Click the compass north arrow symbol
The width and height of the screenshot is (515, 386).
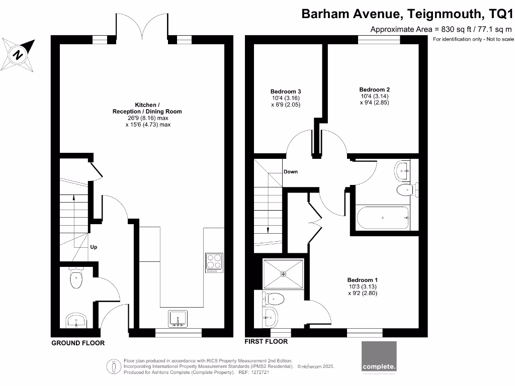pos(18,54)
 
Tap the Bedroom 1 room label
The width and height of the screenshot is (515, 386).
pos(362,286)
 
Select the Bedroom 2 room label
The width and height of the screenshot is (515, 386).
pos(375,96)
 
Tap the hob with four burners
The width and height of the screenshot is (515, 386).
pos(213,263)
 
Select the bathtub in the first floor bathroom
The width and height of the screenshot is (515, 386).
pos(383,218)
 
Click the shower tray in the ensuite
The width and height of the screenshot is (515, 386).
pos(284,273)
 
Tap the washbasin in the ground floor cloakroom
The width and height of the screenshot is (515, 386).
pos(76,320)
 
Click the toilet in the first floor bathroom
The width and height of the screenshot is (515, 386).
pos(405,189)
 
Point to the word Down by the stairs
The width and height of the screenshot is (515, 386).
pos(290,171)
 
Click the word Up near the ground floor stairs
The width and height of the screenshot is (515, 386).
pos(94,247)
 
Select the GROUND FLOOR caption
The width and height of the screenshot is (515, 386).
pos(78,343)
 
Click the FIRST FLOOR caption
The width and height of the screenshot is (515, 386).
pos(266,342)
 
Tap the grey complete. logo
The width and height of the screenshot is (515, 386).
pos(379,358)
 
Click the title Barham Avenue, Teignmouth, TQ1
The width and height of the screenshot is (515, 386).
pos(407,14)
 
